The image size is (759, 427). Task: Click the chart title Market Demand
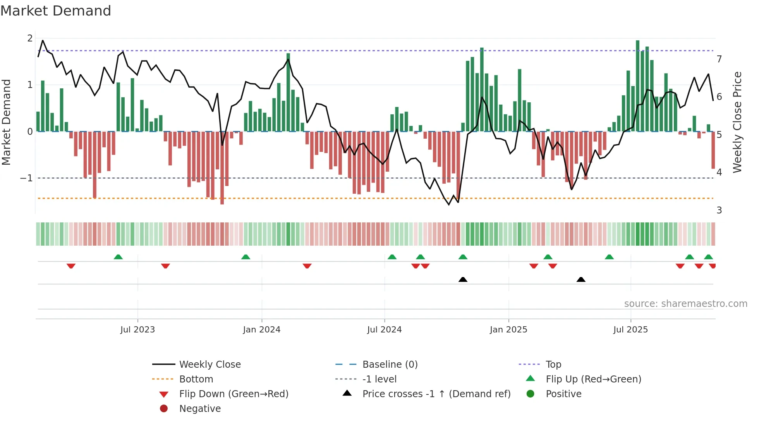pos(56,11)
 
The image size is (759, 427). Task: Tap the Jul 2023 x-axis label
pos(137,330)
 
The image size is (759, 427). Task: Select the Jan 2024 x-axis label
pos(262,330)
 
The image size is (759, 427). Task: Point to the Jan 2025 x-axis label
pos(508,330)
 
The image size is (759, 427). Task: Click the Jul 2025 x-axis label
pos(630,330)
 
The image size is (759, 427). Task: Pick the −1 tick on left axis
pos(26,178)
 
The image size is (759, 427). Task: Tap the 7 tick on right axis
pos(719,59)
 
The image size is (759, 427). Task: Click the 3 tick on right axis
pos(719,210)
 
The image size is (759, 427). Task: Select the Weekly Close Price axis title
pos(737,122)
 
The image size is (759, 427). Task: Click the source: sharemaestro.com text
pos(685,304)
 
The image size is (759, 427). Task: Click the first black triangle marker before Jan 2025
pos(463,279)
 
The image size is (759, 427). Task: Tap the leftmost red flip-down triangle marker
pos(71,266)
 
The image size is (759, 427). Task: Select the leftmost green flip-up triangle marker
pos(118,257)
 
